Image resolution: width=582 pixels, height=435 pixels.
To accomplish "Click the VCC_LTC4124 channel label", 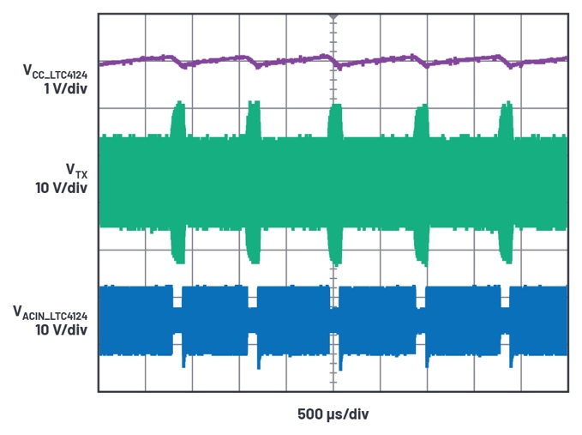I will tap(52, 72).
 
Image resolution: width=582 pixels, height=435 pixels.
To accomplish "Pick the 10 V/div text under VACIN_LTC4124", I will tap(59, 329).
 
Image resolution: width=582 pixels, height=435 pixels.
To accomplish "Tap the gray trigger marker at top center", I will tap(333, 16).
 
